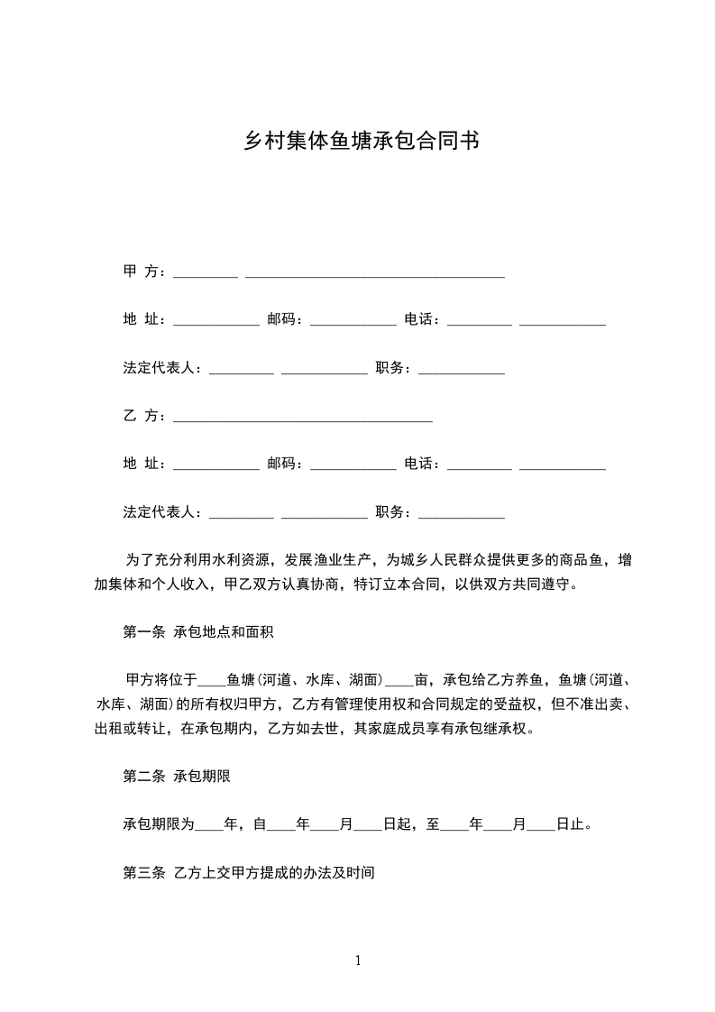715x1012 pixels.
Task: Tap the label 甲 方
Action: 142,271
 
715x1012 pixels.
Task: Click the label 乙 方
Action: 142,416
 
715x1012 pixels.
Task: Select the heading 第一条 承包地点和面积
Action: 197,631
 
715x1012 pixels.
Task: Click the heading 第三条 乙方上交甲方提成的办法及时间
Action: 248,872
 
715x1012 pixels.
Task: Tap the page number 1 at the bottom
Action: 358,961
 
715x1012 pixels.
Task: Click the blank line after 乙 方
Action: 302,419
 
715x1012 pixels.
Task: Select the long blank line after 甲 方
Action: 374,275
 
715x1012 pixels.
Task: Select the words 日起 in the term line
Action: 397,824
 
